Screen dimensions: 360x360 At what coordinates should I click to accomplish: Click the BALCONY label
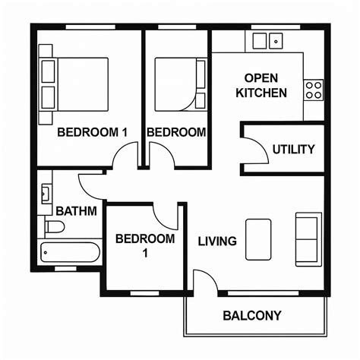[252, 315]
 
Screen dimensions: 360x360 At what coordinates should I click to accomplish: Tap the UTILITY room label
[293, 150]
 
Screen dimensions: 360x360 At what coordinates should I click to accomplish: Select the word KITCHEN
[261, 93]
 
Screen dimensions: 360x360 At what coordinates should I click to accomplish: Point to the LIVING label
[217, 242]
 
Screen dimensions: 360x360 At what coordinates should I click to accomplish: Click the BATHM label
[76, 211]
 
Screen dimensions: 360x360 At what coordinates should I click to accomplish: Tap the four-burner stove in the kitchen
[314, 90]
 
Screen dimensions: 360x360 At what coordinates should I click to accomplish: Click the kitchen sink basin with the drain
[276, 41]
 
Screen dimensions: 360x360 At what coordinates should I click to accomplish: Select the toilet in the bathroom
[55, 227]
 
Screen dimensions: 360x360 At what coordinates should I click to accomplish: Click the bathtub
[70, 252]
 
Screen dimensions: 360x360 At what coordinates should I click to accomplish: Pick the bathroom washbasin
[46, 194]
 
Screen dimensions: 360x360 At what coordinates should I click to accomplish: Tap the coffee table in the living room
[258, 239]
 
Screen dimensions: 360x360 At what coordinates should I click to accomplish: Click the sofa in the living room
[308, 239]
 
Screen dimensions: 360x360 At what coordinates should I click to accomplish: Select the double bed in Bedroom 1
[74, 84]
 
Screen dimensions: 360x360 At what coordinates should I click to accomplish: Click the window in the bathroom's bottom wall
[65, 269]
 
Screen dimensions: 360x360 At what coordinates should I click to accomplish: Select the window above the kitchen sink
[276, 27]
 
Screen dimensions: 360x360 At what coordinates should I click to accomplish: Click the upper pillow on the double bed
[48, 71]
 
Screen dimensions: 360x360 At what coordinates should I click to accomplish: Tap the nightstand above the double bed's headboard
[46, 51]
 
